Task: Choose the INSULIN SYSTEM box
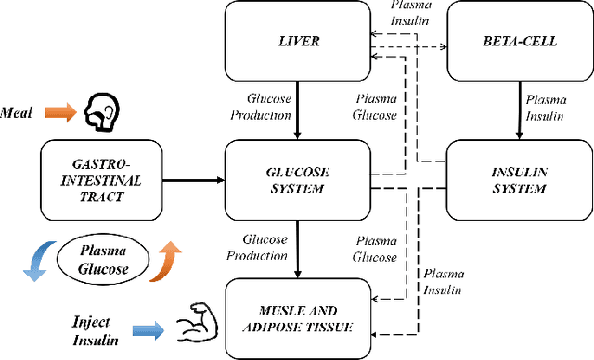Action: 510,180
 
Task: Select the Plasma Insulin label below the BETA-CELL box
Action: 544,107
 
